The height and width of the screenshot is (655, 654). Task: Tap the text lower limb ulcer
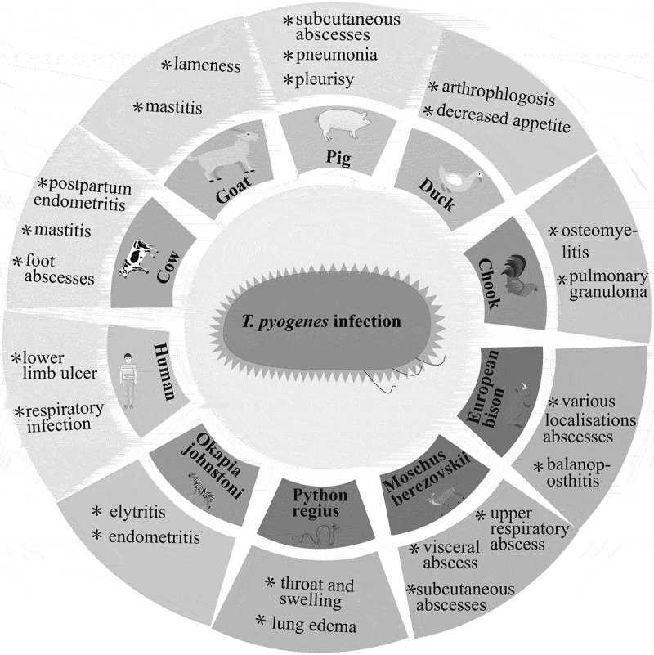(56, 366)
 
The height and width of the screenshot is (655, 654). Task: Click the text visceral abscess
(448, 556)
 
